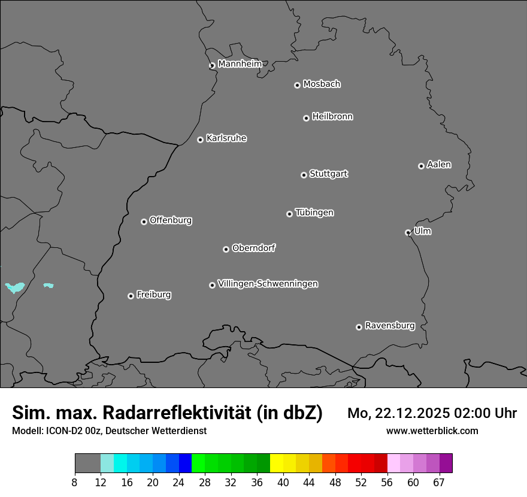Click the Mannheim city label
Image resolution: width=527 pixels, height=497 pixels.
point(240,64)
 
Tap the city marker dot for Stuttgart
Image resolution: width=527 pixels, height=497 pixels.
point(304,175)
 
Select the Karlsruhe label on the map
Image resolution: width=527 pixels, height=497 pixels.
point(226,138)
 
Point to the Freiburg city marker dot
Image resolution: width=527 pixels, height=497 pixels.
point(131,296)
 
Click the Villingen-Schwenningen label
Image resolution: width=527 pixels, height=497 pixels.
point(268,284)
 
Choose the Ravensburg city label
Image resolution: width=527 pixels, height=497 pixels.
point(389,326)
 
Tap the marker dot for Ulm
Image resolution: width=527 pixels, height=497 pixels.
point(408,232)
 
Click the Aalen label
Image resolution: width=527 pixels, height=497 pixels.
point(439,165)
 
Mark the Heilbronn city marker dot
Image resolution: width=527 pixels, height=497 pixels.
point(306,118)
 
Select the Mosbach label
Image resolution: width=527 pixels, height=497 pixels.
point(322,84)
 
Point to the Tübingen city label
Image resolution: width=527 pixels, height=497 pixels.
point(314,213)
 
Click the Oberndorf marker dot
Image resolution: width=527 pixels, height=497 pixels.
point(226,249)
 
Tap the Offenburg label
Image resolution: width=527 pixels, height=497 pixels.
point(171,220)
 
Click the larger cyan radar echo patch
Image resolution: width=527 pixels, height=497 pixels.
point(15,287)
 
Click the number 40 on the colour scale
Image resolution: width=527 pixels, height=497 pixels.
point(283,483)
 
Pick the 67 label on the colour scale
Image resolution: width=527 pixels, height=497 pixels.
point(439,483)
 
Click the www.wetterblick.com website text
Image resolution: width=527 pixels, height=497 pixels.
point(432,431)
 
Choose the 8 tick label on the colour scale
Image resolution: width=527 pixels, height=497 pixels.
point(74,483)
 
